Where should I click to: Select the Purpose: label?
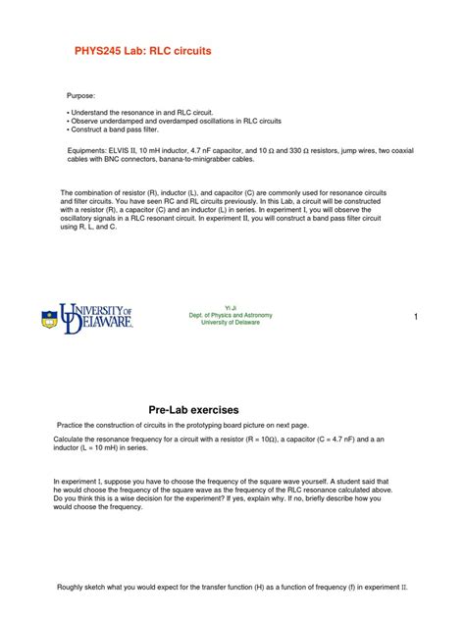[x=81, y=95]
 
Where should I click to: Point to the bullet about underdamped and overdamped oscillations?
[x=187, y=121]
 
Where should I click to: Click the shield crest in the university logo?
[x=49, y=319]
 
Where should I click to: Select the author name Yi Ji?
[x=232, y=307]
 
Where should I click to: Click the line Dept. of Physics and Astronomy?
[x=232, y=315]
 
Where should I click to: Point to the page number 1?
[x=416, y=316]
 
